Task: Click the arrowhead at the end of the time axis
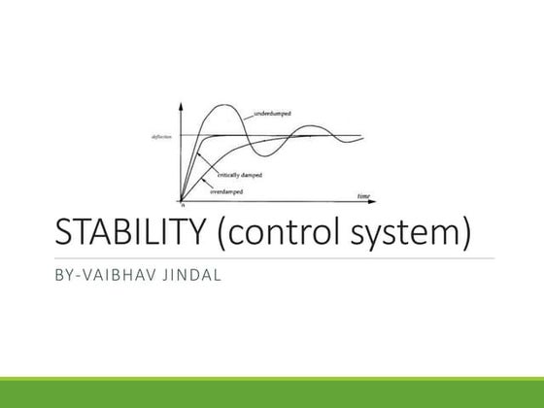pos(375,201)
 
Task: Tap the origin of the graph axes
pos(182,200)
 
